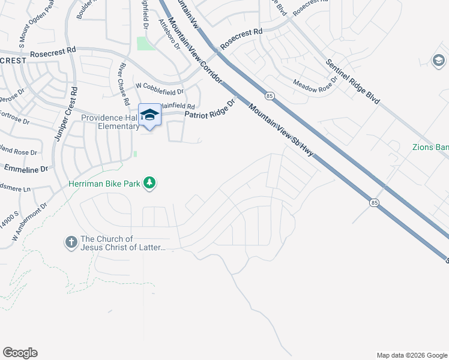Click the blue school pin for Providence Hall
(x=149, y=115)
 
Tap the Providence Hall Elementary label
(x=110, y=122)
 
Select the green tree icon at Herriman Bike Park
(x=149, y=184)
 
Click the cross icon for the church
(x=71, y=242)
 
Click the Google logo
(x=20, y=353)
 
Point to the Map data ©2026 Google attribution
(x=412, y=355)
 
